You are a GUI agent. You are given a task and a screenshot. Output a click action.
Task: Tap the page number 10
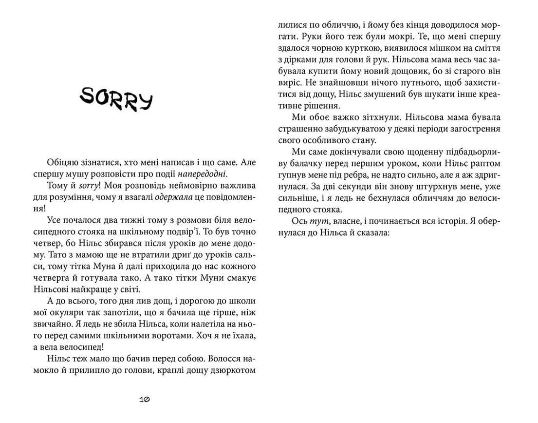(x=144, y=399)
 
